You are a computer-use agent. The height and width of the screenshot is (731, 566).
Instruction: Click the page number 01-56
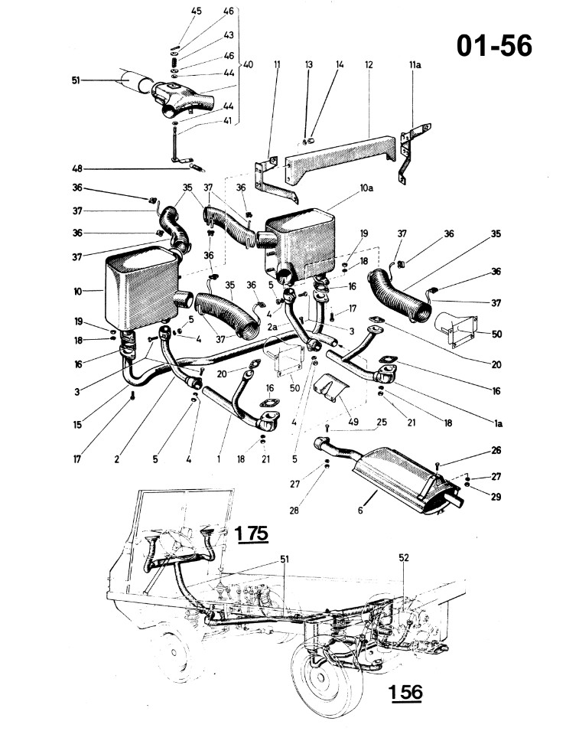tap(494, 46)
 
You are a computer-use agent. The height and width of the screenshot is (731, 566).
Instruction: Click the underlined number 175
tap(252, 533)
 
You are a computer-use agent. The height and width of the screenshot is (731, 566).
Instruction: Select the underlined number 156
tap(405, 692)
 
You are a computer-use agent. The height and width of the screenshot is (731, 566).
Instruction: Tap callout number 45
tap(197, 11)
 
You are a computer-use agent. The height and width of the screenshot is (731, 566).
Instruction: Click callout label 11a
tap(415, 65)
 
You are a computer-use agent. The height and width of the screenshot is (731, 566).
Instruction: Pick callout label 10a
tap(366, 188)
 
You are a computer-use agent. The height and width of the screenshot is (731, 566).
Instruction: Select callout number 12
tap(369, 65)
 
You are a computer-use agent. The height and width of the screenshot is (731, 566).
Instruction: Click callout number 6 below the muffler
tap(360, 511)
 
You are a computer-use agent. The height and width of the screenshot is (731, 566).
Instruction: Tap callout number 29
tap(496, 497)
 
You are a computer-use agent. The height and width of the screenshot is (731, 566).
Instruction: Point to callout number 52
tap(404, 557)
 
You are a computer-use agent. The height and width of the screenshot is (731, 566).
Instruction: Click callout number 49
tap(353, 422)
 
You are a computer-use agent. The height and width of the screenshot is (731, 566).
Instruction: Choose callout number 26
tap(496, 450)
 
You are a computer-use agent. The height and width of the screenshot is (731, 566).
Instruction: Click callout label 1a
tap(497, 423)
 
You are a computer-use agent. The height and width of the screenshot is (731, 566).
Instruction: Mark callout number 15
tap(76, 424)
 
